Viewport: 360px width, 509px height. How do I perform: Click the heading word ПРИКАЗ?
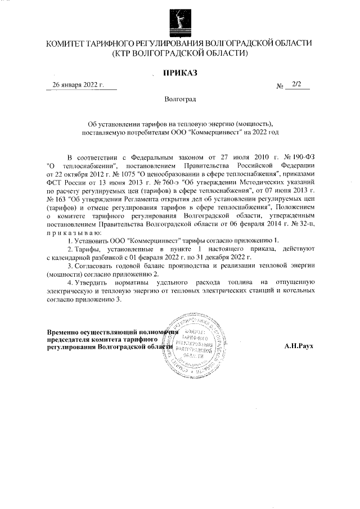click(x=180, y=73)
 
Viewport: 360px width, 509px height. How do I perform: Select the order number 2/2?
click(x=297, y=85)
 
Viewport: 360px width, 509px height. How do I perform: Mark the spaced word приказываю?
click(x=74, y=232)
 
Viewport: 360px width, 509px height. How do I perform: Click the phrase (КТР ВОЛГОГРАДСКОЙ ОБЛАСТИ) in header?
click(x=180, y=53)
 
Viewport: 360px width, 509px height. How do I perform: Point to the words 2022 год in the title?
click(x=267, y=133)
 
